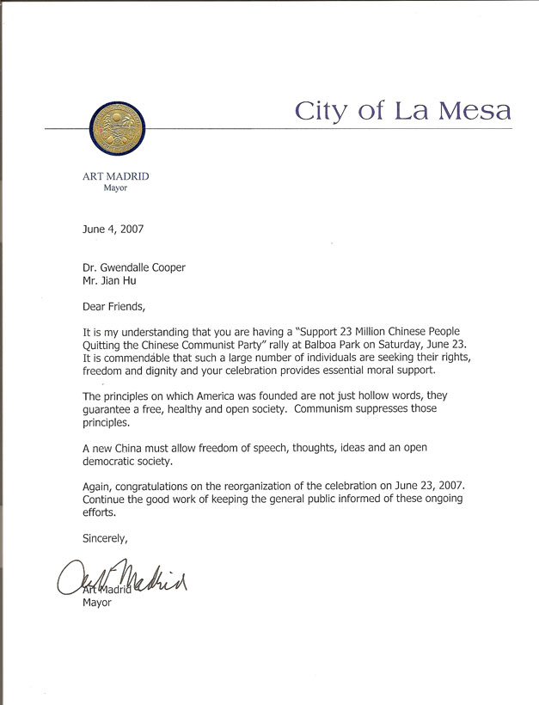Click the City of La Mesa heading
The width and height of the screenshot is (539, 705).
coord(403,111)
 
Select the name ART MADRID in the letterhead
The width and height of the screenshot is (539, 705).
coord(115,176)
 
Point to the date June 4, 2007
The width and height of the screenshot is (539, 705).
coord(113,230)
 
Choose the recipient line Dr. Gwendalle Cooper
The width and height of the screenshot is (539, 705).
coord(134,267)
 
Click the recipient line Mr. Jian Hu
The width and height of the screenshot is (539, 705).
coord(108,281)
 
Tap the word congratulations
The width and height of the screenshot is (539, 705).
coord(171,486)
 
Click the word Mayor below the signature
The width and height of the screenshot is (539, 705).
coord(97,603)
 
